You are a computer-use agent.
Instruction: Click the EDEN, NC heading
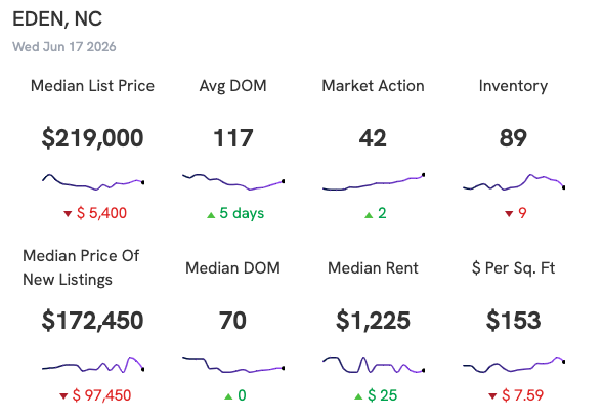tap(57, 19)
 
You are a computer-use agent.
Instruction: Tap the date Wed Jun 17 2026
tap(64, 47)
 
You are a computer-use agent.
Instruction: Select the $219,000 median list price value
tap(93, 138)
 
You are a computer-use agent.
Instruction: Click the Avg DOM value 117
tap(233, 138)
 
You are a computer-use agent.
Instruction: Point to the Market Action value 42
tap(373, 138)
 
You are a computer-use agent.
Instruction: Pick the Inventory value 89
tap(513, 138)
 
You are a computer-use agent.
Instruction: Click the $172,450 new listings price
tap(93, 321)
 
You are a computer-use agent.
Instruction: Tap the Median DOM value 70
tap(232, 321)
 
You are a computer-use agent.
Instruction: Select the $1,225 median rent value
tap(373, 321)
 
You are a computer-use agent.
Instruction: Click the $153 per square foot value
tap(513, 321)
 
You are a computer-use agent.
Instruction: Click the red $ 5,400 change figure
tap(102, 213)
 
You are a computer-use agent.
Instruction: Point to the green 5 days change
tap(242, 213)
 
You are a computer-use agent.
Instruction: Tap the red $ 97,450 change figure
tap(102, 395)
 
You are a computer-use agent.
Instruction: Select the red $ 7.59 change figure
tap(523, 395)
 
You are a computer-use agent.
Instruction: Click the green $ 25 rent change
tap(382, 395)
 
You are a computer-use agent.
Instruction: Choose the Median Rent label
tap(373, 268)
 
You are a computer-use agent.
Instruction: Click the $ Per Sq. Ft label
tap(513, 268)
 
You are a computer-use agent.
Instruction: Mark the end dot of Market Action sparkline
tap(423, 175)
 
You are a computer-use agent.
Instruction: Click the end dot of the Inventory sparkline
tap(564, 187)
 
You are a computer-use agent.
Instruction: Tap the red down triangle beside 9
tap(509, 214)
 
